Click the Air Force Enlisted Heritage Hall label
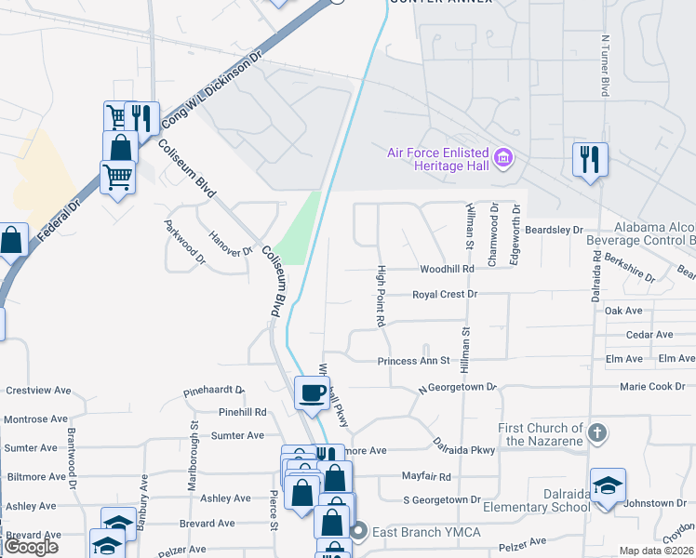(x=439, y=158)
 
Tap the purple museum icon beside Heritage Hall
(x=504, y=158)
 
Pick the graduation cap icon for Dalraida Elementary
(x=608, y=485)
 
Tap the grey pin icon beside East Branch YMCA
(x=359, y=531)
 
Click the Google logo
(x=31, y=547)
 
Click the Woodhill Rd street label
(x=448, y=268)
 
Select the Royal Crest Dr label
(x=445, y=294)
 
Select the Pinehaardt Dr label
(x=213, y=391)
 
